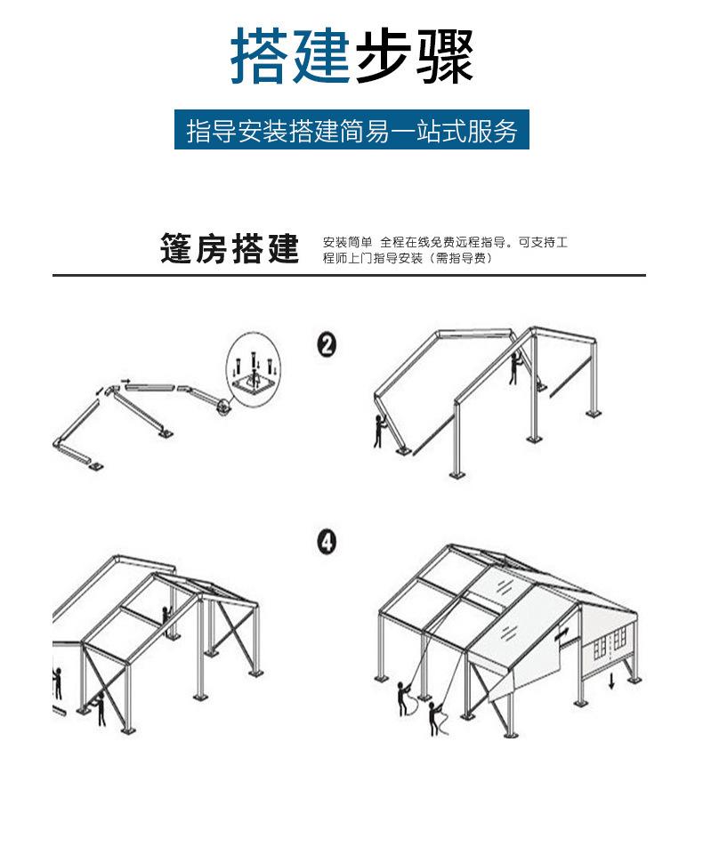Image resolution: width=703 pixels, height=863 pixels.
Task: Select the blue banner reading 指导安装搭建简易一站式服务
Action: coord(351,130)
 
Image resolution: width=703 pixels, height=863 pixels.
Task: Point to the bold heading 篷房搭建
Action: coord(230,249)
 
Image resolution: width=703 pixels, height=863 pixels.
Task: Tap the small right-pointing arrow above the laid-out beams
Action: coord(125,382)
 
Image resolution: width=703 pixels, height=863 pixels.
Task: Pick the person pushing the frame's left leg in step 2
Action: coord(380,433)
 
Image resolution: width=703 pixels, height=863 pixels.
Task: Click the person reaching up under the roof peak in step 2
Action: coord(513,367)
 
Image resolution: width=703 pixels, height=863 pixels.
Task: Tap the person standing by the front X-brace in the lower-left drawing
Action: coord(101,707)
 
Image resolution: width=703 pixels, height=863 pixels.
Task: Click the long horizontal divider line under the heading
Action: coord(349,276)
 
